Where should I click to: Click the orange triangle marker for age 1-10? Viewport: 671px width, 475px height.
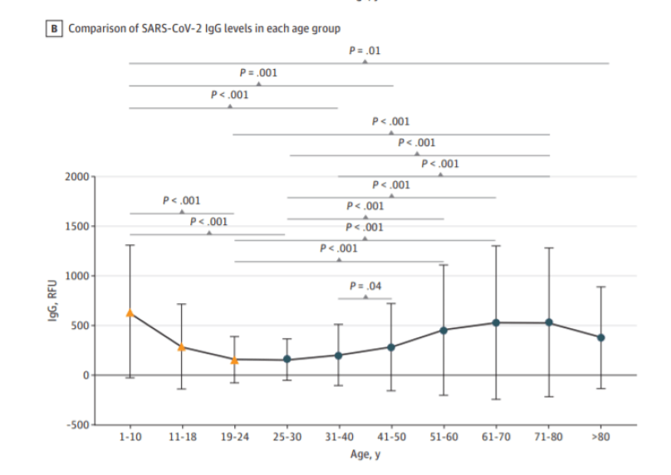pyautogui.click(x=130, y=313)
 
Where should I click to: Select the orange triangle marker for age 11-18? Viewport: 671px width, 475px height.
pyautogui.click(x=182, y=346)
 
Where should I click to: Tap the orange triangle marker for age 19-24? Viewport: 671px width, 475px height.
pyautogui.click(x=234, y=360)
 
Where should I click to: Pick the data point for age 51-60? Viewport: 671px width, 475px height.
pyautogui.click(x=443, y=331)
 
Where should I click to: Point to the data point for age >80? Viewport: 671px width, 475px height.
pyautogui.click(x=600, y=337)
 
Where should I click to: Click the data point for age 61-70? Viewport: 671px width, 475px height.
pyautogui.click(x=496, y=322)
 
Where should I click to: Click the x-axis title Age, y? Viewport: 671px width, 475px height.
pyautogui.click(x=365, y=454)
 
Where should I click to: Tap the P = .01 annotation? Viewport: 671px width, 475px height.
pyautogui.click(x=365, y=51)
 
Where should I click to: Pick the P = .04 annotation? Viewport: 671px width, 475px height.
pyautogui.click(x=365, y=286)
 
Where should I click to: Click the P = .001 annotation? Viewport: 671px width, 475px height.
pyautogui.click(x=258, y=73)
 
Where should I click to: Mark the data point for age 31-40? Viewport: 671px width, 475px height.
pyautogui.click(x=339, y=355)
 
